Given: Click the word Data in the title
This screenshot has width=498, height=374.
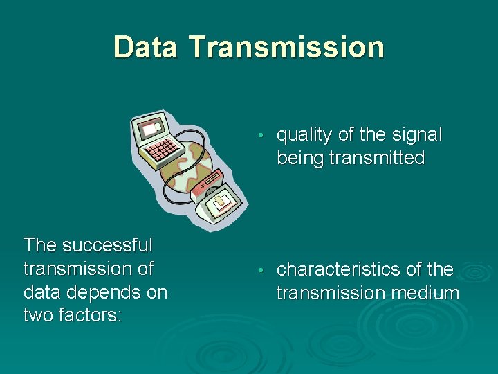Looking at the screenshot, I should (147, 47).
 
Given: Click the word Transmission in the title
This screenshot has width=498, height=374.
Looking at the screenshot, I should (286, 47).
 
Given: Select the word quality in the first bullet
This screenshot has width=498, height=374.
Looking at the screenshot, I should (304, 134).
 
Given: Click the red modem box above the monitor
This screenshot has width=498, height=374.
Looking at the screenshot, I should (206, 185).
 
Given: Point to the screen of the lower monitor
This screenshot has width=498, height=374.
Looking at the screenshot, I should (221, 202).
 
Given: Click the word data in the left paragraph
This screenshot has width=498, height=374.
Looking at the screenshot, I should (41, 292).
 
